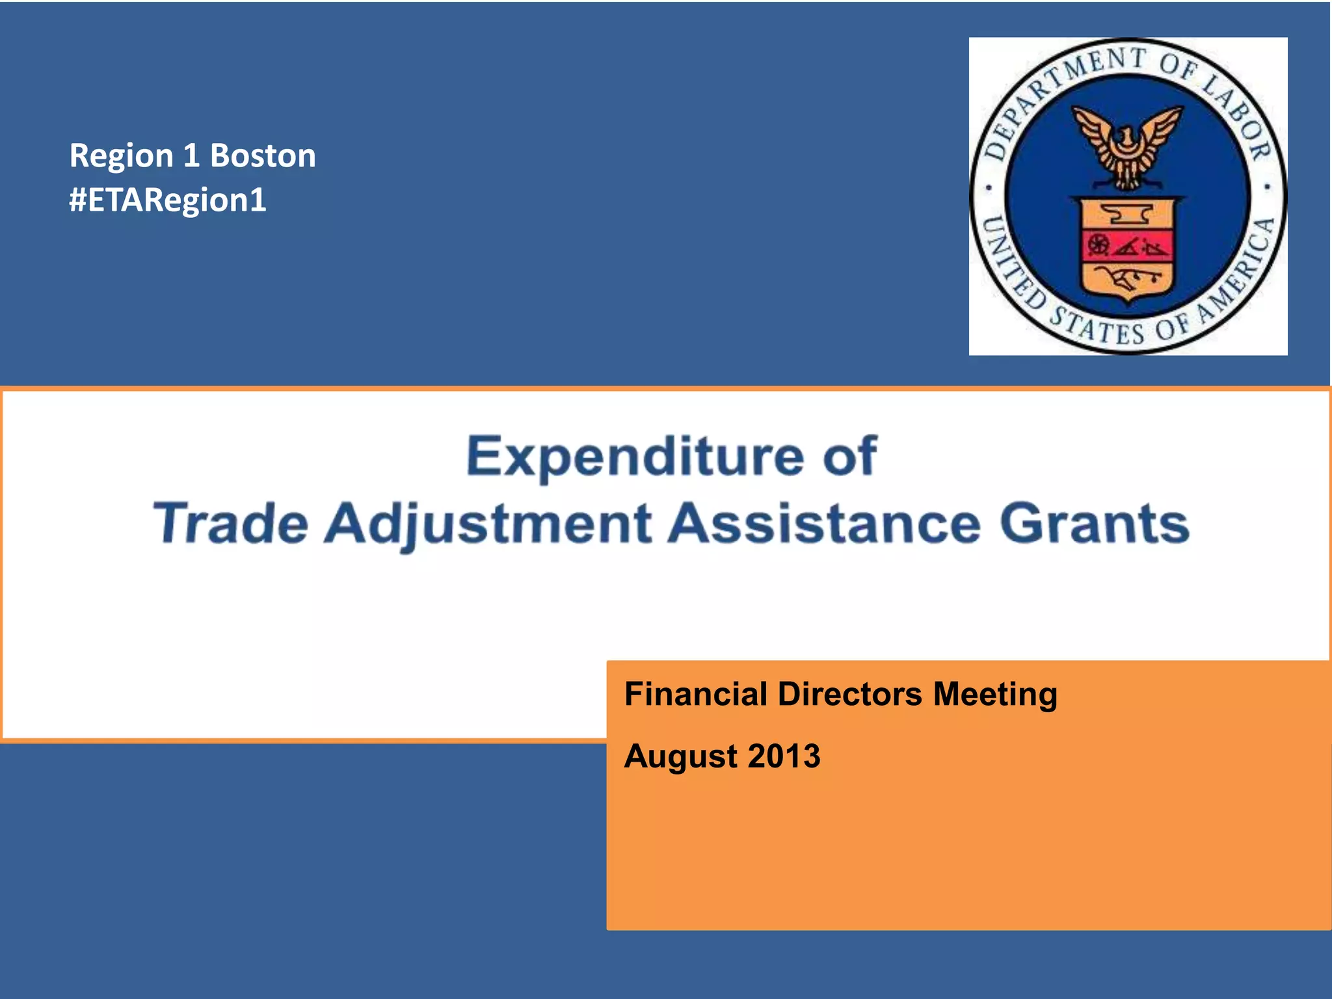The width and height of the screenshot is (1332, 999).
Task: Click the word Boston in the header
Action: pyautogui.click(x=263, y=156)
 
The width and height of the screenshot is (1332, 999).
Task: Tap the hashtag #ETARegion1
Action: pyautogui.click(x=168, y=200)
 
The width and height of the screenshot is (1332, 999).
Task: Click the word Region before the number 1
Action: pyautogui.click(x=121, y=156)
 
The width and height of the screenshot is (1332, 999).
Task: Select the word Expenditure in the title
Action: pyautogui.click(x=635, y=457)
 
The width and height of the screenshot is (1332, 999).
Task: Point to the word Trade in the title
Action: pyautogui.click(x=230, y=524)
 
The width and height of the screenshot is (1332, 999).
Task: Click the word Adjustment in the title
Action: pyautogui.click(x=488, y=524)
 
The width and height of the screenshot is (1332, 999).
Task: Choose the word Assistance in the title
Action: pyautogui.click(x=824, y=524)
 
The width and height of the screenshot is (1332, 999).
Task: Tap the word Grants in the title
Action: pyautogui.click(x=1095, y=524)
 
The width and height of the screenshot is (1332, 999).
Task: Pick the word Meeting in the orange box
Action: pyautogui.click(x=995, y=694)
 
